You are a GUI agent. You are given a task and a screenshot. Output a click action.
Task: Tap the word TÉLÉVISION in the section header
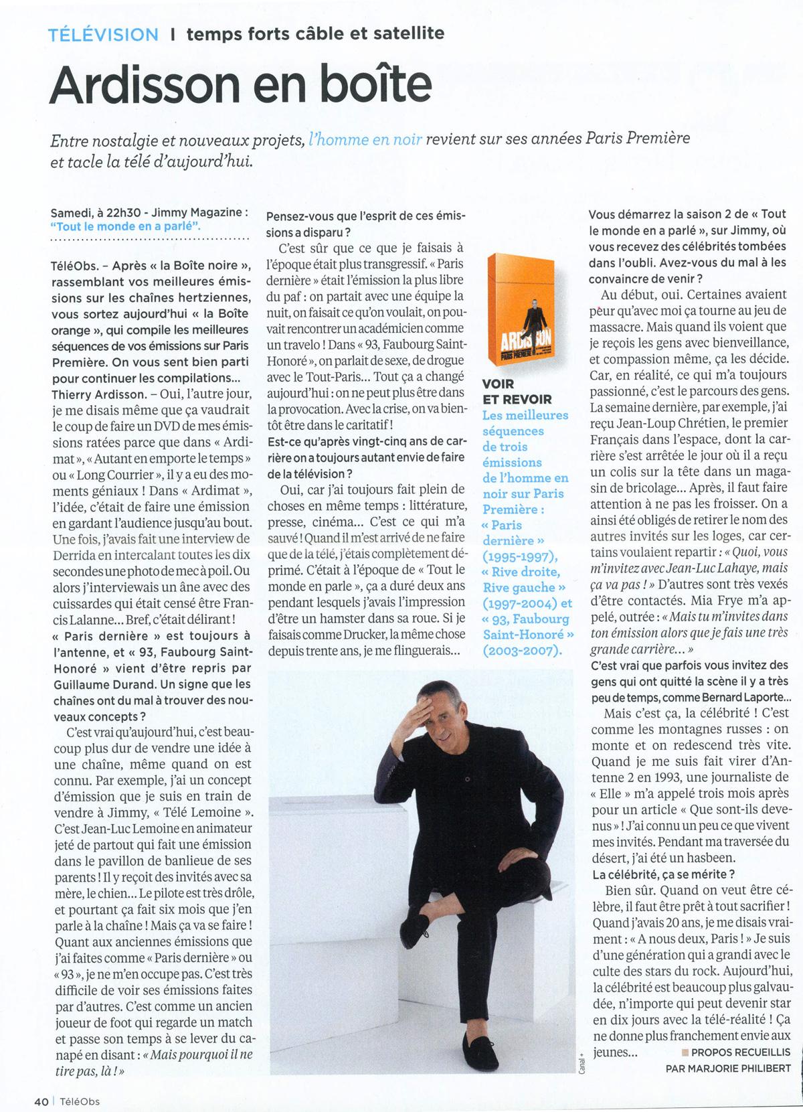[104, 34]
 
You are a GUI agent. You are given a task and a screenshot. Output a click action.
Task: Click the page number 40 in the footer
[41, 1100]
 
